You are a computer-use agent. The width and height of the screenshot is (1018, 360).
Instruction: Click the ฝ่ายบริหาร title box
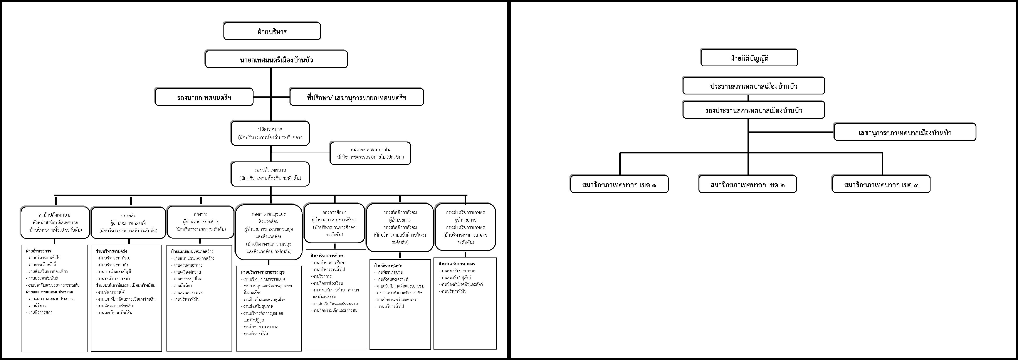point(272,31)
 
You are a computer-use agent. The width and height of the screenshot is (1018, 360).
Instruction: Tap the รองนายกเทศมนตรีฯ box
point(204,97)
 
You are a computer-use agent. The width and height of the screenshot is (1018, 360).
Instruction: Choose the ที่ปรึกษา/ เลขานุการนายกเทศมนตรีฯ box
point(356,97)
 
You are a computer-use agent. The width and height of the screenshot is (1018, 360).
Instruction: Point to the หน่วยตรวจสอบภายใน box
point(370,153)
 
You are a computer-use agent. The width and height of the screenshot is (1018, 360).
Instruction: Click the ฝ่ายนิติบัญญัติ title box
point(749,58)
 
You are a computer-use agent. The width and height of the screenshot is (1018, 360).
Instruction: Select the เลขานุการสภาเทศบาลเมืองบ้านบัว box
point(905,132)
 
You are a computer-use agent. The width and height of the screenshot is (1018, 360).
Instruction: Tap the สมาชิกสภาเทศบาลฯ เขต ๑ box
point(619,184)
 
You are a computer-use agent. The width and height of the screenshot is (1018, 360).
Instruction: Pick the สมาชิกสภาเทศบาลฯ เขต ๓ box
point(881,184)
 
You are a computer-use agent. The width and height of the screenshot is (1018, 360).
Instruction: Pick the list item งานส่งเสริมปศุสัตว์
point(456,278)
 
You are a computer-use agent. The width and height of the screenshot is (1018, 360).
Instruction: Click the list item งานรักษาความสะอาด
point(261,327)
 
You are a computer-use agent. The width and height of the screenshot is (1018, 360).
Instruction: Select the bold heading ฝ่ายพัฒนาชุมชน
point(388,266)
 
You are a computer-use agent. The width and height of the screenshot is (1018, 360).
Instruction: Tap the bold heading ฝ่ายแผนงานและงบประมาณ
point(49,292)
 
